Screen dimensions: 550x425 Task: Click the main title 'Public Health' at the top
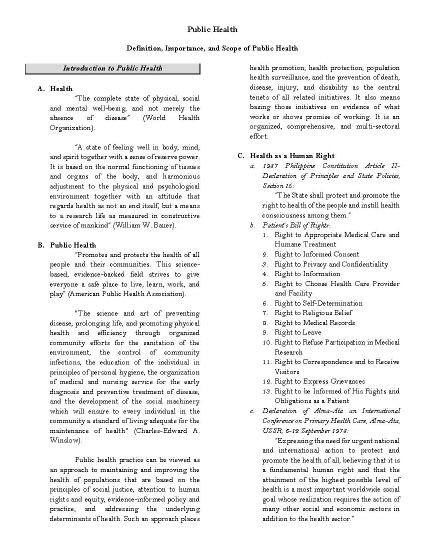pyautogui.click(x=212, y=29)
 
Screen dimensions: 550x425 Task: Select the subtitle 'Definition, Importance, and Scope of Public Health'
pyautogui.click(x=212, y=48)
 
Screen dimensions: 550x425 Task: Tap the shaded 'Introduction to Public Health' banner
pyautogui.click(x=113, y=68)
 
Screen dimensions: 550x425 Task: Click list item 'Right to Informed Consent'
pyautogui.click(x=317, y=254)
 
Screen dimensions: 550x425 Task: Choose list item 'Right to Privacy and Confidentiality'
pyautogui.click(x=331, y=264)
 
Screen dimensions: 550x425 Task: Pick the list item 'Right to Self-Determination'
pyautogui.click(x=318, y=303)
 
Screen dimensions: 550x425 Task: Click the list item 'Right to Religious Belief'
pyautogui.click(x=313, y=313)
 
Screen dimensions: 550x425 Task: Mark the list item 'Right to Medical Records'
pyautogui.click(x=314, y=323)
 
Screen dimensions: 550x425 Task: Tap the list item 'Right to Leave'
pyautogui.click(x=298, y=332)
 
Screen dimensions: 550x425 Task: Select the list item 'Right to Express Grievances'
pyautogui.click(x=319, y=381)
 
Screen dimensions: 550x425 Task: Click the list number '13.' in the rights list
pyautogui.click(x=267, y=391)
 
